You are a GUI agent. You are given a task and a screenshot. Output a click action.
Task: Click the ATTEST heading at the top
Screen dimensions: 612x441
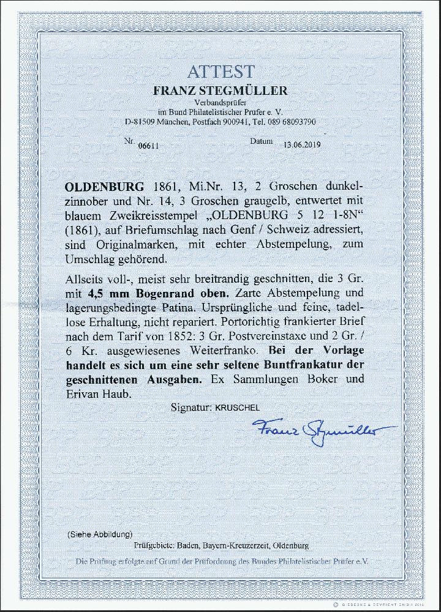point(221,72)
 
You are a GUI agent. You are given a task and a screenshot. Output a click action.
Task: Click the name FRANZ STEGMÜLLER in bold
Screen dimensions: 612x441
point(220,91)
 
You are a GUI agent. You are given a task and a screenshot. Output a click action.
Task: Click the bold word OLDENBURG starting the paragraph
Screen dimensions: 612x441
point(104,186)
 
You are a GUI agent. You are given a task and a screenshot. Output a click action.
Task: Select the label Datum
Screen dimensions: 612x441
point(261,141)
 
